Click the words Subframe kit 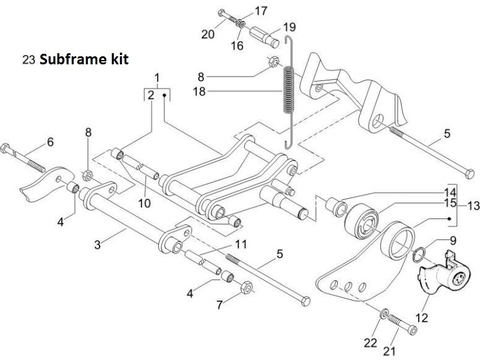[84, 61]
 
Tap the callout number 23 [28, 61]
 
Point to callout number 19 [289, 27]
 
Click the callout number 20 [208, 34]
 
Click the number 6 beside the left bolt [50, 142]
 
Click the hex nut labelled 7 [244, 288]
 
